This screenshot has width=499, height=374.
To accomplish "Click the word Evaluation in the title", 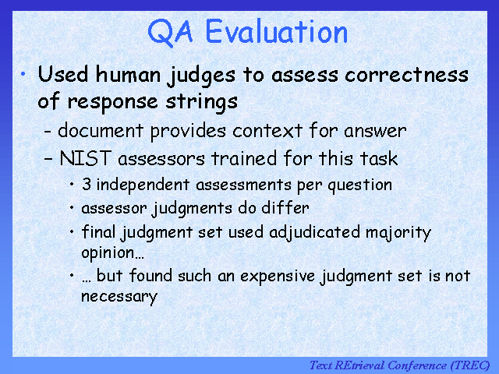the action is pos(277,31).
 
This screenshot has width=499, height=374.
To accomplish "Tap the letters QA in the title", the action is pos(171,32).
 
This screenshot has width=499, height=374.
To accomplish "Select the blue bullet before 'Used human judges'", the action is pos(23,75).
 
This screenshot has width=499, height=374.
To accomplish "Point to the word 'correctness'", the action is pos(406,75).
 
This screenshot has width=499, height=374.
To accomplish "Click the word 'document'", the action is pos(101,130).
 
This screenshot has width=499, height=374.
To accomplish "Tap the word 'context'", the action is pos(267,131).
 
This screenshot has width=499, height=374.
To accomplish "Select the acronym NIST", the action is pos(85,158).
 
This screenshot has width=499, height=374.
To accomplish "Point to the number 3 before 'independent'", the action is pos(87,184).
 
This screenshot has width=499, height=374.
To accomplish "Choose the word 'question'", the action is pos(360,185).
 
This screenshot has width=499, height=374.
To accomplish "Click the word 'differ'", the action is pos(285,208).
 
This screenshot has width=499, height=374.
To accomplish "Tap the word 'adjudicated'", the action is pos(314,232).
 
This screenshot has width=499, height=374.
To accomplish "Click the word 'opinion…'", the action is pos(112,252).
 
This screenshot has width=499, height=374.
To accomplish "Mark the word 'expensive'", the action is pos(278,276).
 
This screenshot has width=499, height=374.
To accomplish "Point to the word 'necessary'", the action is pos(119,296).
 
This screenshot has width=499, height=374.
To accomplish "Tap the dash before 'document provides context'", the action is pos(48,131).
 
